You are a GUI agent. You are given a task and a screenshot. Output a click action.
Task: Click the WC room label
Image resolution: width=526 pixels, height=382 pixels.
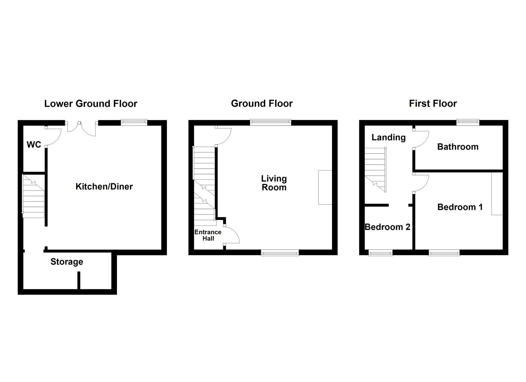pyautogui.click(x=34, y=145)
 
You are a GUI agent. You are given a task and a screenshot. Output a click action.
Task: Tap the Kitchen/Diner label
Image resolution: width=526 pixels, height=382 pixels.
pyautogui.click(x=104, y=187)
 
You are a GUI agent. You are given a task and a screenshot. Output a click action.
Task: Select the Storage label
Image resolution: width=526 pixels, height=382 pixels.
pyautogui.click(x=67, y=262)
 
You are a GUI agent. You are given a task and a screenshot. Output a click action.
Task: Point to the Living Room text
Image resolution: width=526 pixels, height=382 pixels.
pyautogui.click(x=274, y=183)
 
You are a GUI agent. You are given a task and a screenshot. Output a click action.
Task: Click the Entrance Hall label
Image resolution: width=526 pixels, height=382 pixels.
pyautogui.click(x=208, y=235)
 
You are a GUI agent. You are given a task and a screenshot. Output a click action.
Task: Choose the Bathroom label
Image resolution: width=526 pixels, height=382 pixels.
pyautogui.click(x=458, y=147)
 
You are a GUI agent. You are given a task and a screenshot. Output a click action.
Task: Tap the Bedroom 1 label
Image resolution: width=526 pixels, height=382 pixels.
pyautogui.click(x=460, y=207)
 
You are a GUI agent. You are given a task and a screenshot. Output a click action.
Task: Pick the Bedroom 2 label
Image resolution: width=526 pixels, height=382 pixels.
pyautogui.click(x=388, y=227)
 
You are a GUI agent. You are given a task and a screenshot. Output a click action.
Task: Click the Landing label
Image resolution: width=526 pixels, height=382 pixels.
pyautogui.click(x=389, y=138)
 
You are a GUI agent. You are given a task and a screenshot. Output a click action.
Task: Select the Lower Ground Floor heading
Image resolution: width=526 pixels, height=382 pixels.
pyautogui.click(x=91, y=104)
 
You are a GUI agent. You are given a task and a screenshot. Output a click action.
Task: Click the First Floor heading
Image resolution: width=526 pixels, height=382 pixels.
pyautogui.click(x=433, y=103)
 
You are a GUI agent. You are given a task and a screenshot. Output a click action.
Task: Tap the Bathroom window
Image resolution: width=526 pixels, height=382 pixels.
pyautogui.click(x=468, y=122)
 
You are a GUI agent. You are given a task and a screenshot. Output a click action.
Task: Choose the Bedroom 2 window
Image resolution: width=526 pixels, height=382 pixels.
pyautogui.click(x=380, y=253)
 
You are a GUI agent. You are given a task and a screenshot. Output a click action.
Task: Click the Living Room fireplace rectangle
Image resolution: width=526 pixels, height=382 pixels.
pyautogui.click(x=325, y=187)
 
